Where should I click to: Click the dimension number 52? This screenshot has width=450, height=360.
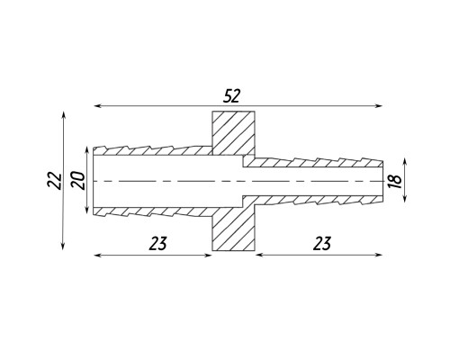232,96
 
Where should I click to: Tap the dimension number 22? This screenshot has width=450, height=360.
55,180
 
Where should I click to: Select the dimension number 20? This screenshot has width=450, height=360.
78,180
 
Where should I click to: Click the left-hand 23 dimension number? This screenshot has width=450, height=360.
157,244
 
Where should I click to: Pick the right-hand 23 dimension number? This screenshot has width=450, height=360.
322,244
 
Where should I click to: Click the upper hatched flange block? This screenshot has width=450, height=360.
234,133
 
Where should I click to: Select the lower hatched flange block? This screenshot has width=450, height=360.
234,229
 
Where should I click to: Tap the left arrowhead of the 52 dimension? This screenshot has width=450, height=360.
98,105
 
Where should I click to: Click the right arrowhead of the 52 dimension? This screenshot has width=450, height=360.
379,105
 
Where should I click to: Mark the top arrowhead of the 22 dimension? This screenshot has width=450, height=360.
63,115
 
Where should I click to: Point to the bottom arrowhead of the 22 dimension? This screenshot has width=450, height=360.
63,246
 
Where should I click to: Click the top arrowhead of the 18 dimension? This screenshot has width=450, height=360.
405,163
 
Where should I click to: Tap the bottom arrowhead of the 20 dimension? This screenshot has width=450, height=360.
87,209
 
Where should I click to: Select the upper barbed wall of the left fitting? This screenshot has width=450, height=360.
153,150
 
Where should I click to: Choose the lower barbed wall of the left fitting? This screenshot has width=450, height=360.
153,211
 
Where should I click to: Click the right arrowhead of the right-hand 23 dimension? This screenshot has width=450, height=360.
379,255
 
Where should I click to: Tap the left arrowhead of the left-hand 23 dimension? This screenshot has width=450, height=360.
98,255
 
